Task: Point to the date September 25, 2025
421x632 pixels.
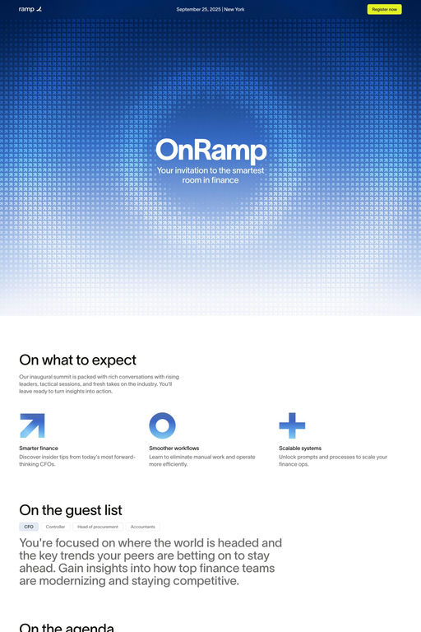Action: point(199,9)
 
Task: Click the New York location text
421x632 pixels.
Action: point(234,9)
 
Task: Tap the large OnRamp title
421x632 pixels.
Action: point(210,151)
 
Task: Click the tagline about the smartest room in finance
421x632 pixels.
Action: point(210,174)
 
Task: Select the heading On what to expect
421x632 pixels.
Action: point(77,360)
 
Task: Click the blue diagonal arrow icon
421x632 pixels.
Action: point(32,425)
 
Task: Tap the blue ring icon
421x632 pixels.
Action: point(162,425)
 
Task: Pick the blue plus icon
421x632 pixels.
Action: point(292,425)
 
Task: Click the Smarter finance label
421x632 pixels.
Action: point(39,448)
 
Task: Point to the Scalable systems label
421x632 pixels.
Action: point(300,448)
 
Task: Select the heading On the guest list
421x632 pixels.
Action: point(71,510)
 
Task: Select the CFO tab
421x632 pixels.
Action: point(29,527)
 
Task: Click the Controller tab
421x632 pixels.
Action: point(55,527)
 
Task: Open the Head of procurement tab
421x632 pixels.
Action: point(98,527)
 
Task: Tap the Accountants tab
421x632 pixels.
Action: point(142,527)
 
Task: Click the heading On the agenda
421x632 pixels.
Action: point(67,628)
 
